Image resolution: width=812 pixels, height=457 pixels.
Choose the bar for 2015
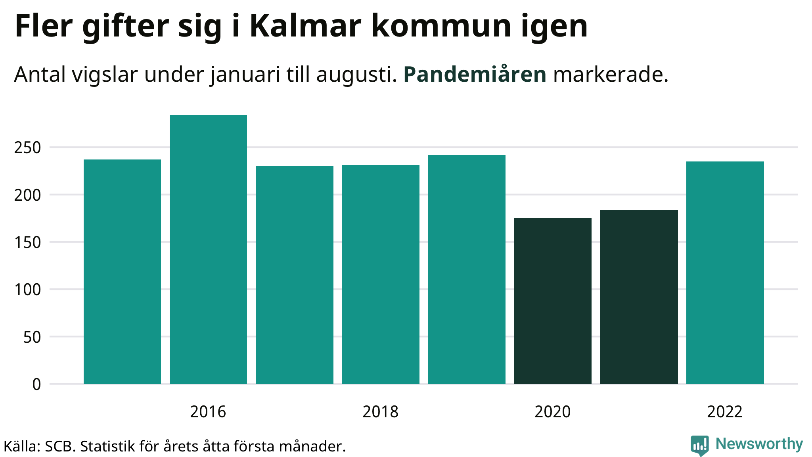pos(122,271)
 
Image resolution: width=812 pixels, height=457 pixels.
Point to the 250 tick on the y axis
pos(27,148)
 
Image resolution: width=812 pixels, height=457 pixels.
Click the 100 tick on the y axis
pos(27,290)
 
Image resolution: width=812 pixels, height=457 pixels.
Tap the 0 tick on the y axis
pos(36,384)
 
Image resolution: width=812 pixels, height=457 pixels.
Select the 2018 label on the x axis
pos(380,412)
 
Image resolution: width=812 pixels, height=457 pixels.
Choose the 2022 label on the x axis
pos(725,412)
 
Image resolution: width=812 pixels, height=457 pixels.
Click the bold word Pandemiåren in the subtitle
pos(475,75)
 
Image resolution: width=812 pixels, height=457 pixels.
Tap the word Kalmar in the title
pos(305,27)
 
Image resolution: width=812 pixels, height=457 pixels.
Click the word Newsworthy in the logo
pos(759,444)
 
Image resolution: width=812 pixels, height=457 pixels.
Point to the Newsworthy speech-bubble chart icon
pos(699,445)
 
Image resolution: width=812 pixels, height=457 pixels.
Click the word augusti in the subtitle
pos(356,75)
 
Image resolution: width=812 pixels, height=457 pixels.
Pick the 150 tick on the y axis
pos(27,242)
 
